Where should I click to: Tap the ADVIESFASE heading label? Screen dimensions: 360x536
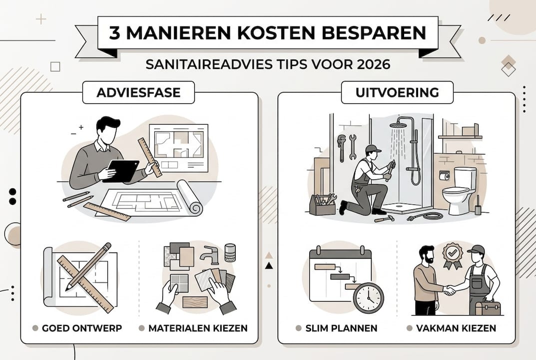click(138, 92)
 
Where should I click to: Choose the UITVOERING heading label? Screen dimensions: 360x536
click(397, 92)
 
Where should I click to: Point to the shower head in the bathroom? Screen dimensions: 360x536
click(398, 124)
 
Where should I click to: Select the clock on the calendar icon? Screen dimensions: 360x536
click(368, 298)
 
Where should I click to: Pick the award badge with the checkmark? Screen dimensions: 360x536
click(453, 255)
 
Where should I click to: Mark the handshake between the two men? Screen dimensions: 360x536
click(450, 289)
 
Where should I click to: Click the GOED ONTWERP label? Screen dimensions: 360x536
click(81, 328)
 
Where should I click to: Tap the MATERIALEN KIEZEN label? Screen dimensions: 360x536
click(197, 328)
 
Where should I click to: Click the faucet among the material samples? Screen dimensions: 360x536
click(210, 255)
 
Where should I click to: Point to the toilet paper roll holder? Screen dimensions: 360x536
click(444, 175)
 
